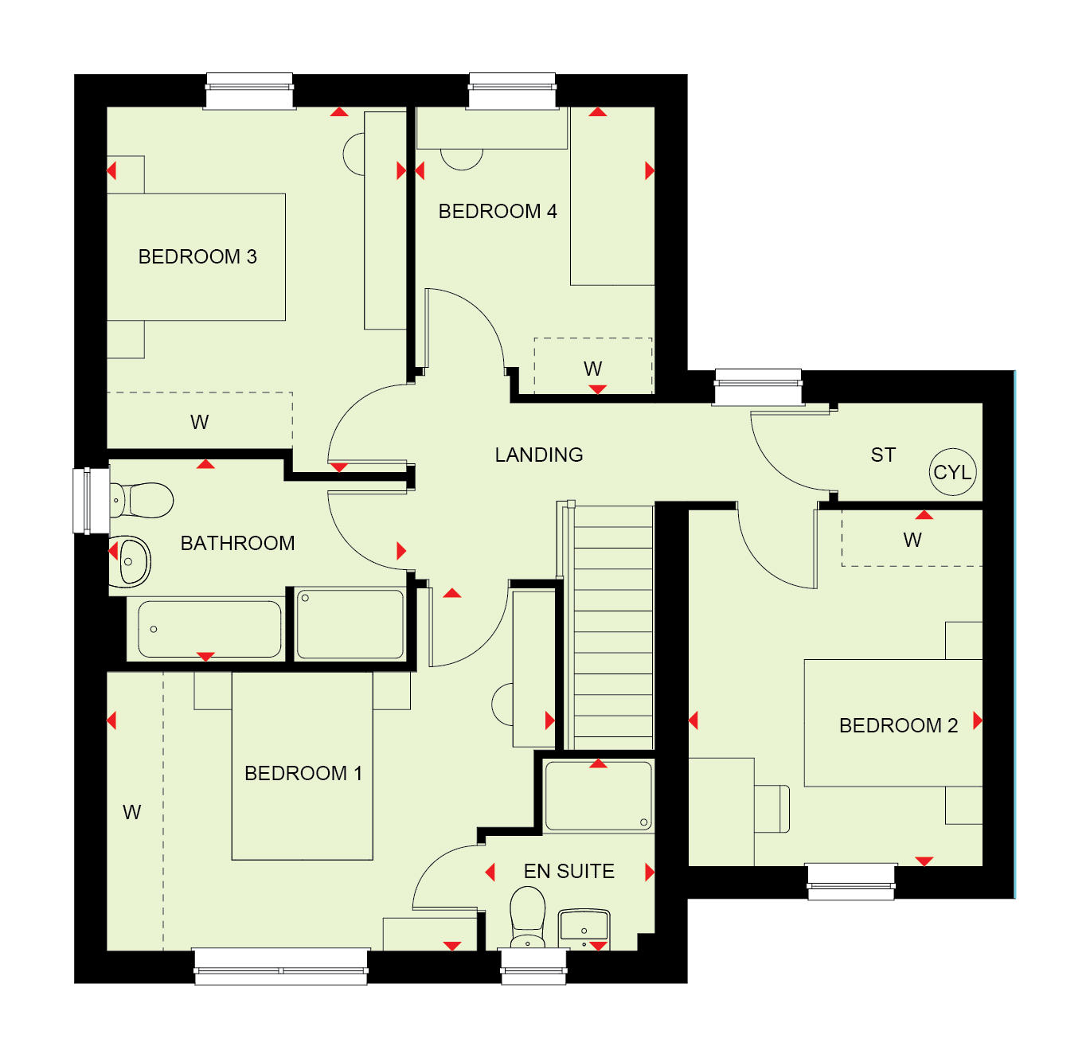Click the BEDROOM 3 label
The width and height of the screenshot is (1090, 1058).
[197, 256]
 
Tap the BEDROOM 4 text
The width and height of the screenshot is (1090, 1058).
[498, 211]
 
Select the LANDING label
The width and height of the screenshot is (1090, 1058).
[539, 455]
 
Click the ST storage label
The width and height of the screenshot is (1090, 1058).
[883, 455]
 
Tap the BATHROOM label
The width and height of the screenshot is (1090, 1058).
[237, 543]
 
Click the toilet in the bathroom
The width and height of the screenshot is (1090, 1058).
[142, 500]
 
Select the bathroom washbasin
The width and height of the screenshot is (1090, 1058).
[130, 562]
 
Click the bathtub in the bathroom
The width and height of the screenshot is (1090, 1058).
[209, 629]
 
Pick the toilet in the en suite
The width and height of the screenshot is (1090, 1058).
[527, 918]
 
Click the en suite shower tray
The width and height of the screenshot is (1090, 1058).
[598, 796]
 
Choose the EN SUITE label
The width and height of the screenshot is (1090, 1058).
[568, 872]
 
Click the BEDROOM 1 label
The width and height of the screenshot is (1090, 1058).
[303, 774]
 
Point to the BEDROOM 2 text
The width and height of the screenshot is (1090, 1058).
[898, 725]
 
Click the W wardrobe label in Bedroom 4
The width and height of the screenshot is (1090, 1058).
[592, 369]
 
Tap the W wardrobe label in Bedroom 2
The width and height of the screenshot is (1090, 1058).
[912, 540]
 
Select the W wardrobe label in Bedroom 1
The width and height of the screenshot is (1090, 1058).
[132, 812]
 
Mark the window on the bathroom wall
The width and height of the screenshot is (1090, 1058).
[91, 501]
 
